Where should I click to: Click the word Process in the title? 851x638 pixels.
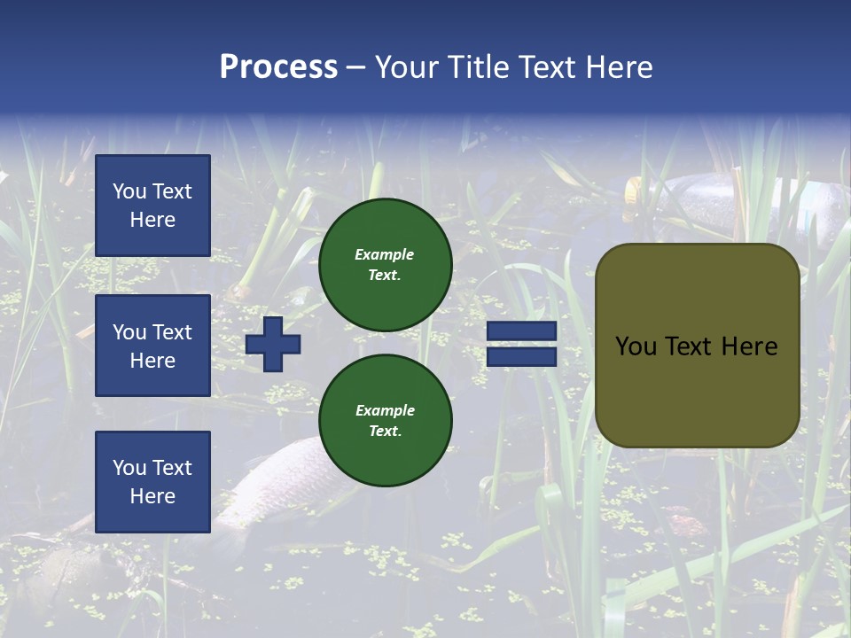tap(278, 67)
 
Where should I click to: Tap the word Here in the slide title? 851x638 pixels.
tap(617, 67)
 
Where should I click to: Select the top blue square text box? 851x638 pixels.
tap(152, 206)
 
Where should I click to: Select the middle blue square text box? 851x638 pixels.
tap(152, 346)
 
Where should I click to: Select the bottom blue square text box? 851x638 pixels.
tap(152, 481)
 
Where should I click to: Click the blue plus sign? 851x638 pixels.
tap(273, 344)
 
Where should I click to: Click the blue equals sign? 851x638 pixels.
tap(521, 344)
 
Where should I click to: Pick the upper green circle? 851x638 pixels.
tap(385, 264)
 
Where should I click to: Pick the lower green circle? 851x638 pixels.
tap(385, 420)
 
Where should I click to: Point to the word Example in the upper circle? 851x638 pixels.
tap(385, 254)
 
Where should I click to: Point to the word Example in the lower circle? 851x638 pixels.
tap(385, 410)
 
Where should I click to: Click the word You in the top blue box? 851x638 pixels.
tap(129, 191)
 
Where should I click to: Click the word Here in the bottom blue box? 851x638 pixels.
tap(152, 496)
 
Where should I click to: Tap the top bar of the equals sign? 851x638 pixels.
tap(521, 331)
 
